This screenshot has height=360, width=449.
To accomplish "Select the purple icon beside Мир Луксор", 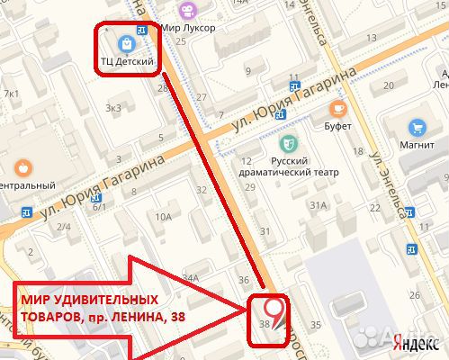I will [x=186, y=11].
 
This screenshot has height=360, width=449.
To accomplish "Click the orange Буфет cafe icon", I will [x=337, y=109].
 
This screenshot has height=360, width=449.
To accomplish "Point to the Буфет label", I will [x=337, y=127].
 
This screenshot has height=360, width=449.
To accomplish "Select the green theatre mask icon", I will [x=290, y=142].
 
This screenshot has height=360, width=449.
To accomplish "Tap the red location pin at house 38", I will [x=277, y=310].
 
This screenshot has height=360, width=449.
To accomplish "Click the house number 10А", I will [x=163, y=217].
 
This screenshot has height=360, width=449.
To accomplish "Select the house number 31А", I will [x=318, y=206].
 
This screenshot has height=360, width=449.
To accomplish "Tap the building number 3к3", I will [x=113, y=108].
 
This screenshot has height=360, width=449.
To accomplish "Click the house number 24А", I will [x=190, y=279].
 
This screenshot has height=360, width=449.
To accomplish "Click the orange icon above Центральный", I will [x=22, y=166].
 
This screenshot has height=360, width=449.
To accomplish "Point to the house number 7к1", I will [x=11, y=94].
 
